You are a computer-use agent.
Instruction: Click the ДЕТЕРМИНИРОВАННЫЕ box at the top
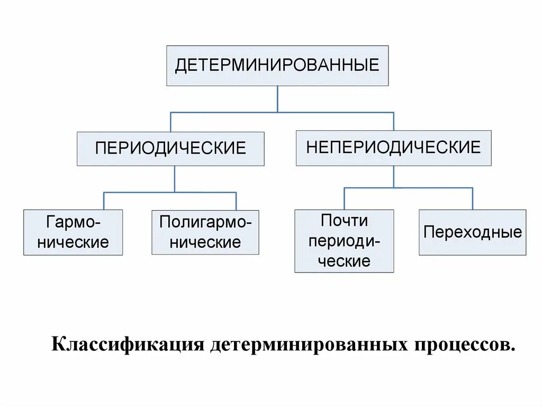[277, 66]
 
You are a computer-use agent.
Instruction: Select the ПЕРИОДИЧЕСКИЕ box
[170, 148]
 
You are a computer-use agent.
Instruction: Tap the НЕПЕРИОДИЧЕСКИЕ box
[393, 148]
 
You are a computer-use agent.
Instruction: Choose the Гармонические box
[73, 232]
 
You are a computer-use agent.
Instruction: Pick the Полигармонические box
[205, 232]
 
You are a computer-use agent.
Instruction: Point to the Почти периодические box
[344, 241]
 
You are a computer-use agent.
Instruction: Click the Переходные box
[472, 232]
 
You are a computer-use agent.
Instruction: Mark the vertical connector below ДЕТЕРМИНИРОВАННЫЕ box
[277, 99]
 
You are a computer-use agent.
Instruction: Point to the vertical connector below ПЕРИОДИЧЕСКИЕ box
[175, 179]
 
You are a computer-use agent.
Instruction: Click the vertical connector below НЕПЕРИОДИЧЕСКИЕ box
[393, 177]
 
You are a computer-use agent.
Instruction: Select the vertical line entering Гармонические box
[104, 201]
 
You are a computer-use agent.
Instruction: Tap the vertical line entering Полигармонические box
[236, 201]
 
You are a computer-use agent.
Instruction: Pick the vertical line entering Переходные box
[472, 199]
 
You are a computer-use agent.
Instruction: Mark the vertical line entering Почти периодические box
[344, 199]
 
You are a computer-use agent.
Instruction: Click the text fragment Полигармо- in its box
[205, 222]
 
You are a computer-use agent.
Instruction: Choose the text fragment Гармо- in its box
[73, 222]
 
